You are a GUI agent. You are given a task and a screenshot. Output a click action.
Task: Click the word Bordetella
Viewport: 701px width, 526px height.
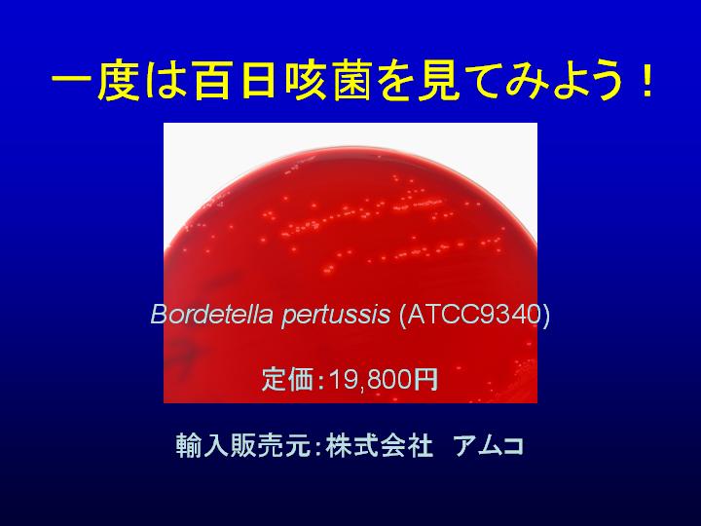[211, 314]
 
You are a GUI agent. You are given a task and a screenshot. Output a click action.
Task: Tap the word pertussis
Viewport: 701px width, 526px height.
[336, 316]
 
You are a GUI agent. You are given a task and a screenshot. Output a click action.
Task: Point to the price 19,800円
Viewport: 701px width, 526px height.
[384, 380]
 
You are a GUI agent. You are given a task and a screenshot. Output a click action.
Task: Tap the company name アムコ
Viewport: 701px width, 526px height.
[488, 446]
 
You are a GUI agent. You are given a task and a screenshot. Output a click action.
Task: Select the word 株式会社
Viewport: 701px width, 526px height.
[380, 445]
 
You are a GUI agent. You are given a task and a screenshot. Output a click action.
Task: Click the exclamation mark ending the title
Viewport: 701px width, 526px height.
[646, 82]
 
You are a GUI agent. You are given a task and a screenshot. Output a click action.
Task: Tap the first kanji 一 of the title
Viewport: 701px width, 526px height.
[71, 82]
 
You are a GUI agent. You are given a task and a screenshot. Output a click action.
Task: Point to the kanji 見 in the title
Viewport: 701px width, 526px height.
[439, 82]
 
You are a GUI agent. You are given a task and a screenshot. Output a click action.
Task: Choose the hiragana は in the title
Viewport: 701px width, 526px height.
[166, 82]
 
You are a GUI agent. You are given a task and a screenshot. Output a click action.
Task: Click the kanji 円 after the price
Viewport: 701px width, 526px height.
[425, 380]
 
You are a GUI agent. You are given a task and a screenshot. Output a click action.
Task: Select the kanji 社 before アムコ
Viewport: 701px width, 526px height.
[421, 445]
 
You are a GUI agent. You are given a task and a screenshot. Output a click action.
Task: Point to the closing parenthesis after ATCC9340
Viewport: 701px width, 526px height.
[545, 315]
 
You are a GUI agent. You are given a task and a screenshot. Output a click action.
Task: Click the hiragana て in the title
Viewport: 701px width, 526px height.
[484, 83]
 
